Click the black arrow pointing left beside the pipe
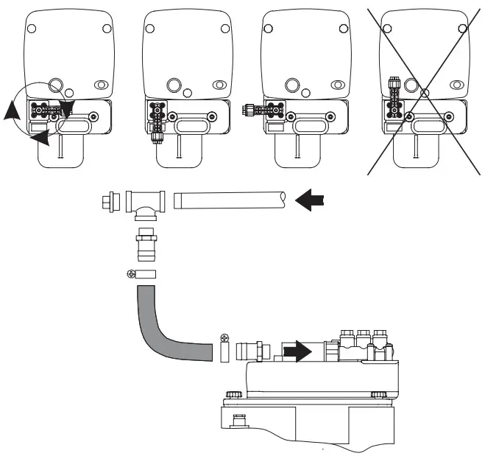[309, 199]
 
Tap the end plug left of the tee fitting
[111, 199]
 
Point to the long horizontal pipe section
[228, 199]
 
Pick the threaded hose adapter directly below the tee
[144, 242]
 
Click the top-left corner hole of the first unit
[32, 29]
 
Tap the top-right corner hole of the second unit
[224, 29]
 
